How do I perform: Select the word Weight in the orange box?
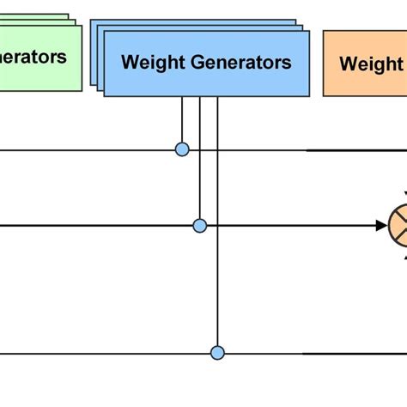(x=370, y=64)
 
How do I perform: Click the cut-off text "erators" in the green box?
(x=33, y=57)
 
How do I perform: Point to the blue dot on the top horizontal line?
(x=182, y=149)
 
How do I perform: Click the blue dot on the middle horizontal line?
(x=200, y=226)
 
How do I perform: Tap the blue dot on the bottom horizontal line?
(x=217, y=352)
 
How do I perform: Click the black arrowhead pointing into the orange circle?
(x=380, y=226)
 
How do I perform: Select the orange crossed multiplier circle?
(x=400, y=226)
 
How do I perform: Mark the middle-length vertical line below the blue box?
(x=200, y=163)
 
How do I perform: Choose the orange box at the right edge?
(x=365, y=64)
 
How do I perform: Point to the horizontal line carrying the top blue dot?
(x=86, y=150)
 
